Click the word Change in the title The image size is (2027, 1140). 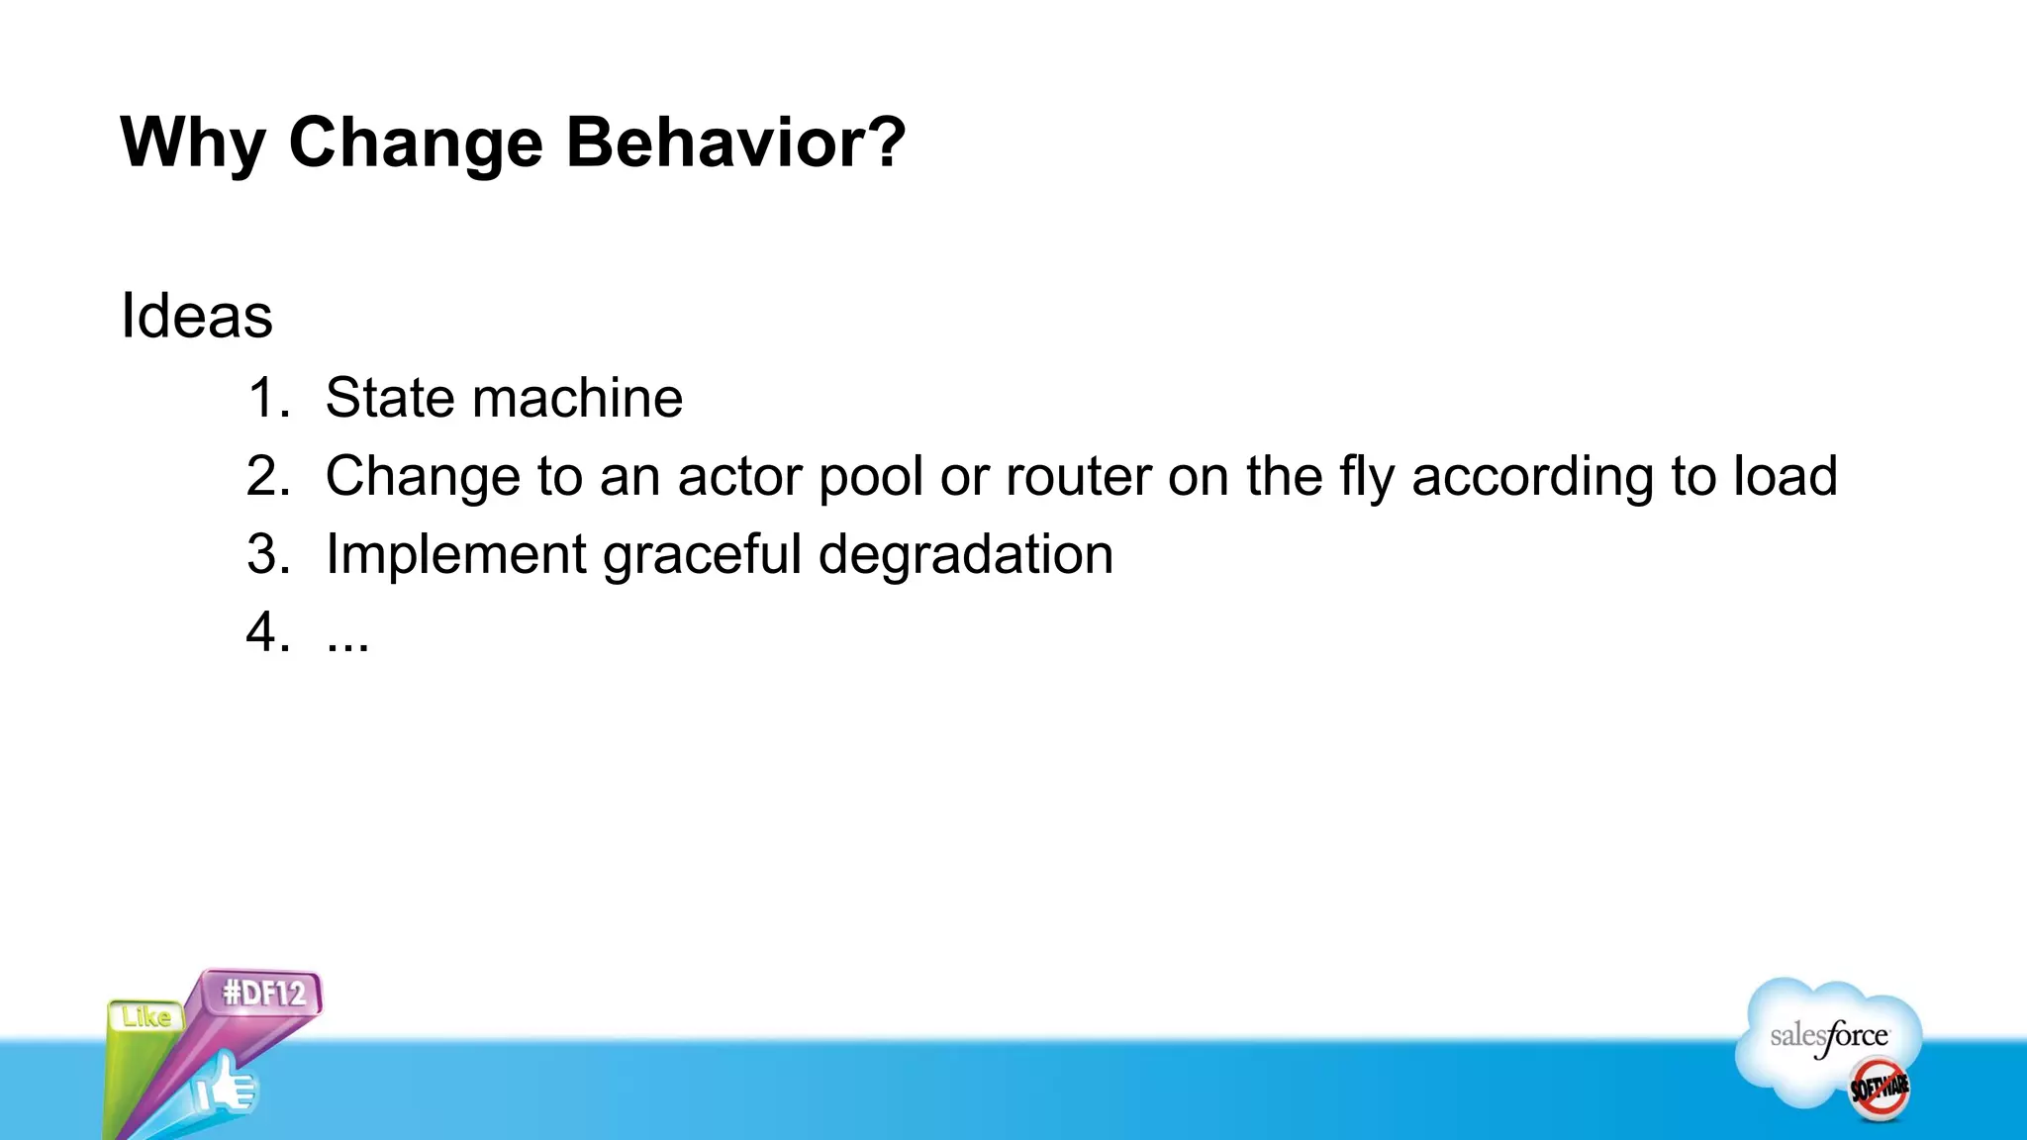pyautogui.click(x=416, y=143)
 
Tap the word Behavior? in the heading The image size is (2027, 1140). pyautogui.click(x=735, y=143)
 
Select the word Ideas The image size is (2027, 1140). pyautogui.click(x=196, y=316)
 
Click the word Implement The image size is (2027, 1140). pyautogui.click(x=455, y=554)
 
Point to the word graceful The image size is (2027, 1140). pyautogui.click(x=702, y=554)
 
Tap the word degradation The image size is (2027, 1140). pyautogui.click(x=965, y=554)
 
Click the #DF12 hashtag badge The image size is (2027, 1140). pyautogui.click(x=264, y=993)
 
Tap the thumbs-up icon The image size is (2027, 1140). pyautogui.click(x=226, y=1086)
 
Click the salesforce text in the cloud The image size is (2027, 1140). pyautogui.click(x=1828, y=1036)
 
